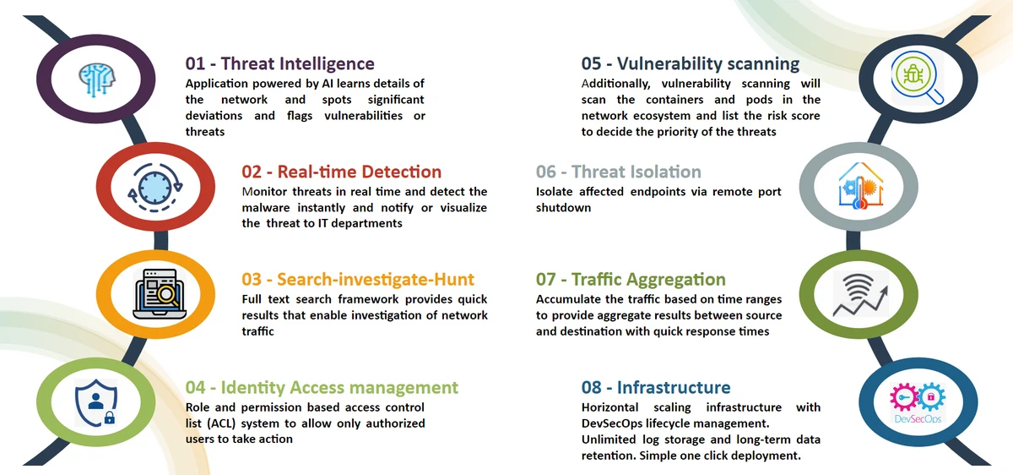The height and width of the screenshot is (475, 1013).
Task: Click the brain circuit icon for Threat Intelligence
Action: pos(97,79)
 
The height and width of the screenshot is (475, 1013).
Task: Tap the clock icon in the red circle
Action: pos(155,188)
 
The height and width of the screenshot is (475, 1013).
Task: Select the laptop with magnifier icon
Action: pos(160,294)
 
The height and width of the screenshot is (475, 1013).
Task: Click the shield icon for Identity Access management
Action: pos(96,403)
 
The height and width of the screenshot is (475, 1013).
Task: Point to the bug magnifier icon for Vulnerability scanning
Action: pos(917,78)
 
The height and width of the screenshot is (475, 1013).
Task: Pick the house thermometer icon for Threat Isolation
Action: pos(860,186)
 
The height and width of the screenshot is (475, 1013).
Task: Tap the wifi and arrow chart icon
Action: pos(860,294)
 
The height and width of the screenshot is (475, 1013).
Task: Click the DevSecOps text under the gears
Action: pos(918,419)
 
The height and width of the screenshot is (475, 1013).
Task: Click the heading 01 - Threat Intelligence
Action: pos(280,63)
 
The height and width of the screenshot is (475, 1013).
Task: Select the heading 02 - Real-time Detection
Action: pos(341,172)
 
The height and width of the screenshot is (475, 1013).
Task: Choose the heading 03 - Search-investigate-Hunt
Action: pos(358,280)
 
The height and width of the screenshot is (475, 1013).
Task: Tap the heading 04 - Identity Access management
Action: pos(322,388)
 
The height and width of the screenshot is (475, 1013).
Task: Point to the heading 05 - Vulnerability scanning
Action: pos(691,64)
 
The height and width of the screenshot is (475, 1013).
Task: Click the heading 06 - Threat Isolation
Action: pos(619,172)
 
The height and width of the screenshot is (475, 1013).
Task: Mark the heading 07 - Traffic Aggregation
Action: pos(631,280)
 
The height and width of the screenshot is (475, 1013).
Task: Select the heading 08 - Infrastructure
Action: pos(656,388)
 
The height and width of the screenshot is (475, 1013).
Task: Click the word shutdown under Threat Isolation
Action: pos(564,207)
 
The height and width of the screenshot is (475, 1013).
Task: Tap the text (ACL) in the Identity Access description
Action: pos(221,423)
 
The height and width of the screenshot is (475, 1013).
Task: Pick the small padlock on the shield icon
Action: pos(110,418)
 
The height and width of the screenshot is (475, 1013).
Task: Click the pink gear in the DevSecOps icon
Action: pos(902,397)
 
